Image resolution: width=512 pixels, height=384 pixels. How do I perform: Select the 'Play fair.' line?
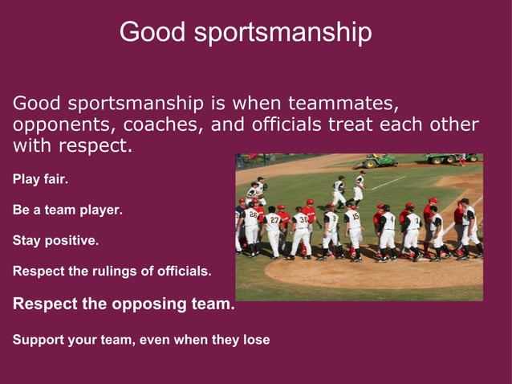click(x=40, y=179)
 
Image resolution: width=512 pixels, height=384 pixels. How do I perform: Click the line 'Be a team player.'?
click(x=67, y=210)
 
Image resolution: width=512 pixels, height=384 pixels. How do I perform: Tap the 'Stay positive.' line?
click(x=56, y=240)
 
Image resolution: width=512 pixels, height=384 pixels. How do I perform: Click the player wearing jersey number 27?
click(x=274, y=228)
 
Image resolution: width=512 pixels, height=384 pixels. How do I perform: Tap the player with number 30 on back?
click(x=302, y=229)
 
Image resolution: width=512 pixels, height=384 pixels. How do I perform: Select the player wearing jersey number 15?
click(x=353, y=227)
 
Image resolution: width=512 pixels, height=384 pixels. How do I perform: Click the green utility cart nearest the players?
click(x=380, y=161)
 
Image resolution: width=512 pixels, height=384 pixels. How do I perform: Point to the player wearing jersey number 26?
click(x=252, y=225)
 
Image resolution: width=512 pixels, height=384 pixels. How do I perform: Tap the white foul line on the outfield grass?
click(x=388, y=182)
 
